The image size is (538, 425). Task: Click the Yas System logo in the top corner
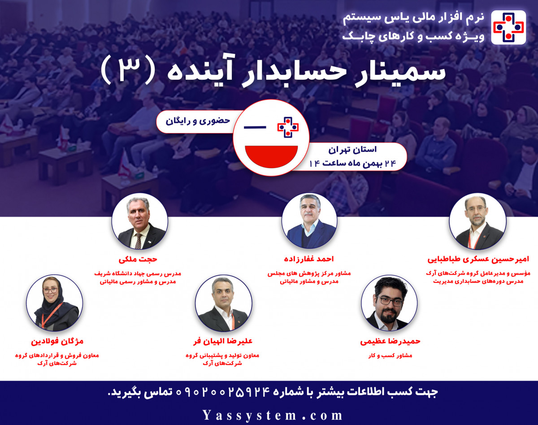tap(508, 26)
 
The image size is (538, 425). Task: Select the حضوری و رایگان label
tap(198, 121)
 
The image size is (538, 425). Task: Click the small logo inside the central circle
tap(288, 126)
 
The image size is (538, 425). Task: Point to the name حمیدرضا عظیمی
tap(390, 341)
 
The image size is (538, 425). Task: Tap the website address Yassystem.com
tap(272, 415)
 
